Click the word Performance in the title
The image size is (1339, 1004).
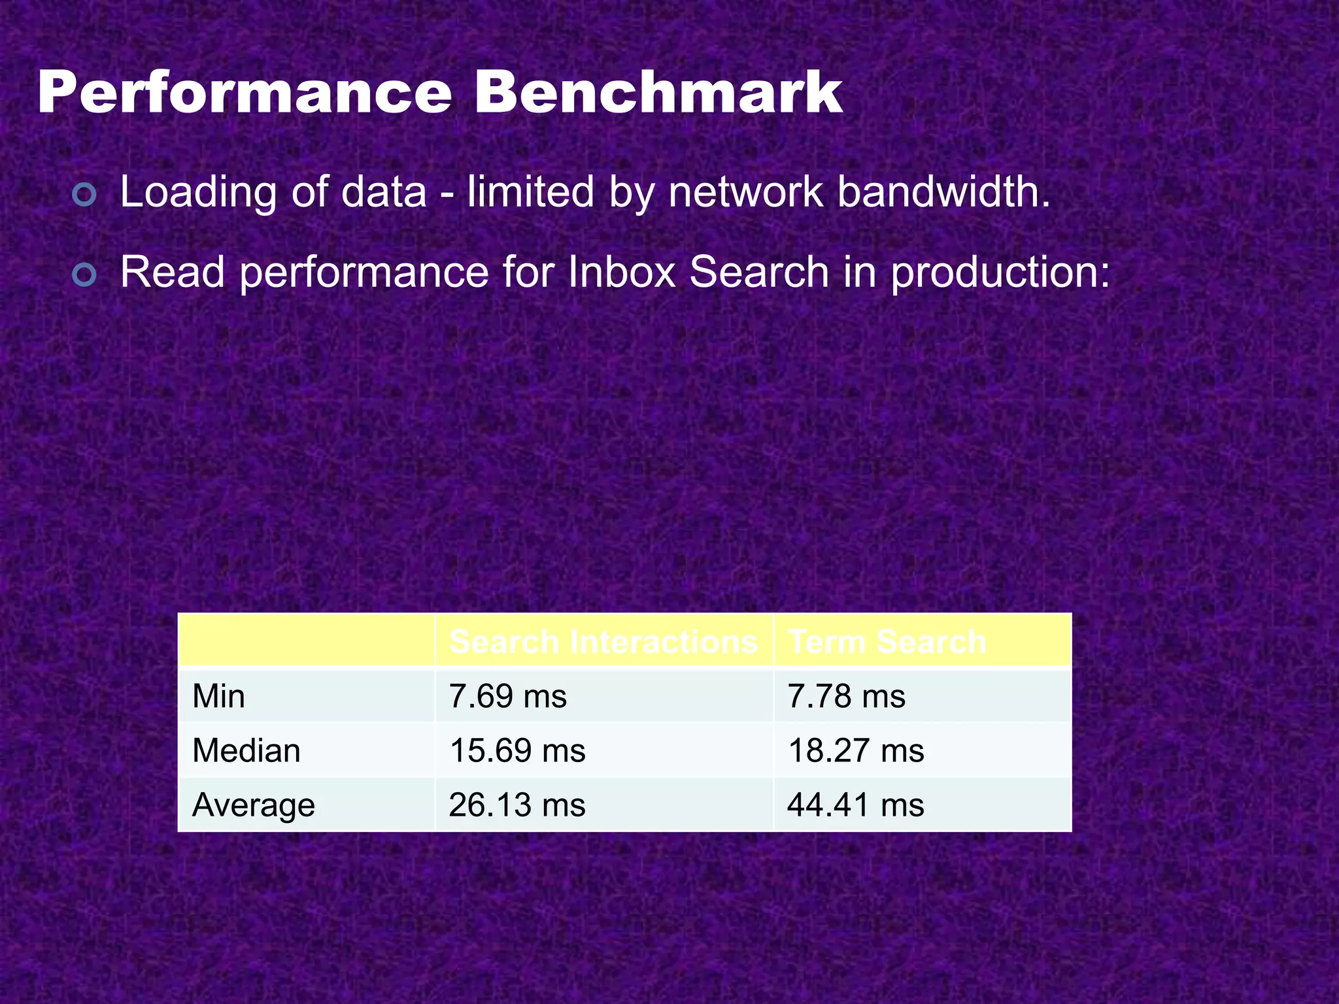coord(245,93)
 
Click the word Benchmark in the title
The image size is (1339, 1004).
coord(658,93)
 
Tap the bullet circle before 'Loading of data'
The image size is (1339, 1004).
coord(85,195)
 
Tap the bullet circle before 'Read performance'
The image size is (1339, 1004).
coord(85,275)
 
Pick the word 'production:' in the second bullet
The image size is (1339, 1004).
coord(1000,273)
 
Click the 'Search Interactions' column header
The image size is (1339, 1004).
coord(603,641)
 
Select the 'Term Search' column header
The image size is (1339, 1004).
coord(887,641)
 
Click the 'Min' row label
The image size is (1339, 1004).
coord(219,696)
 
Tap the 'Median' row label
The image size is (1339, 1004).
coord(246,750)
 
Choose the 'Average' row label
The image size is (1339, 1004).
coord(254,805)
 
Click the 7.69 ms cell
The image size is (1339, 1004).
coord(508,696)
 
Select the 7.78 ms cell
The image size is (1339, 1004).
coord(847,696)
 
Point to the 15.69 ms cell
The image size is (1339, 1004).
coord(517,750)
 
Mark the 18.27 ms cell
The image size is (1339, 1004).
coord(856,750)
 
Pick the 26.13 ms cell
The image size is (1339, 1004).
coord(517,805)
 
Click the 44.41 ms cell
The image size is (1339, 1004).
coord(856,805)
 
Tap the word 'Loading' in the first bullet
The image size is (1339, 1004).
coord(199,193)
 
